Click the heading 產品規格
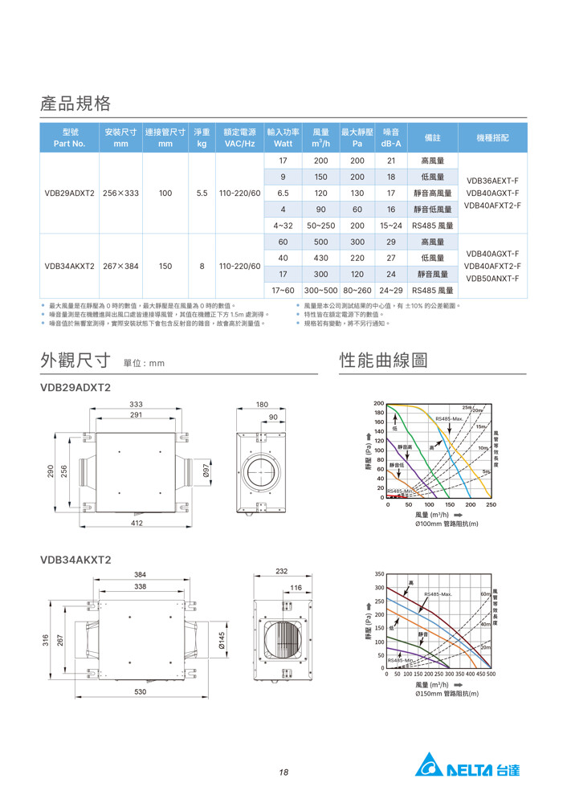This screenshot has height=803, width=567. [x=75, y=104]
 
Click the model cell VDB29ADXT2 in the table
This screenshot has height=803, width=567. [x=70, y=194]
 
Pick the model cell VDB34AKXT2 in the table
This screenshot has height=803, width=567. [x=70, y=266]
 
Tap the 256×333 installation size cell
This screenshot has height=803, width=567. [x=120, y=194]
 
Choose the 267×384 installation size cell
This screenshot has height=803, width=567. [x=120, y=266]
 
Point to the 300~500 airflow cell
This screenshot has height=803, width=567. [x=320, y=290]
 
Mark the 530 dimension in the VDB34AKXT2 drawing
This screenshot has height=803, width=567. [x=140, y=691]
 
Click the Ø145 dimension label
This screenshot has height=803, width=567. [x=222, y=640]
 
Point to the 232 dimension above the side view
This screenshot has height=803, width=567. [x=281, y=571]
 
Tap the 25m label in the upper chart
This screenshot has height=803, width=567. [x=466, y=408]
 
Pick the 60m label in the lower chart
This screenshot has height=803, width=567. [x=484, y=593]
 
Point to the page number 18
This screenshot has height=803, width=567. [x=283, y=772]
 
